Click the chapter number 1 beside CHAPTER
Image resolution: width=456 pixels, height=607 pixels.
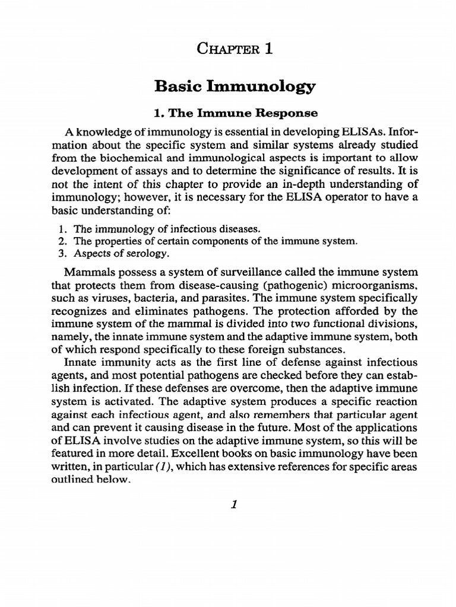(269, 50)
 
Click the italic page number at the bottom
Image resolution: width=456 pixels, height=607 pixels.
(235, 504)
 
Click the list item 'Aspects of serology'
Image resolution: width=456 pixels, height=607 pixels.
(122, 254)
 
